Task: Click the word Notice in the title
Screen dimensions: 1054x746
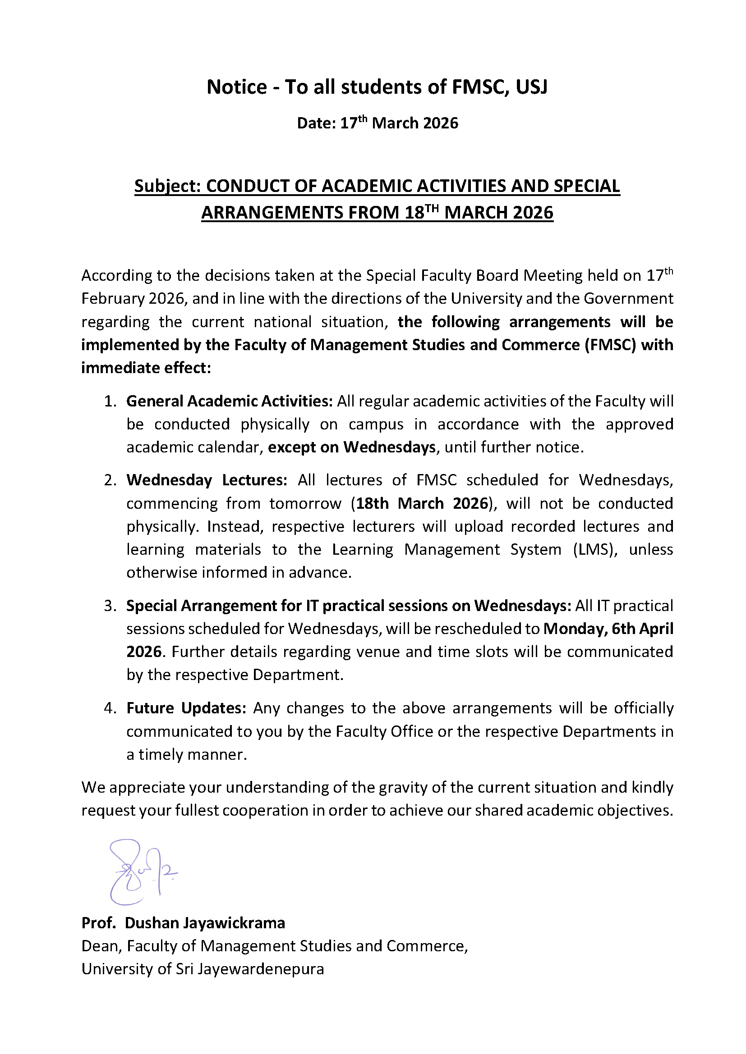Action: pos(237,87)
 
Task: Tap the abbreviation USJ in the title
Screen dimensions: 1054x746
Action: pos(531,87)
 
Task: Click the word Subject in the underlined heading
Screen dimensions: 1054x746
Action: pos(167,187)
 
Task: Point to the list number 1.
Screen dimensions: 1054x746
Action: pos(110,401)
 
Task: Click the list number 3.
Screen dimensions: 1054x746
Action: pos(110,606)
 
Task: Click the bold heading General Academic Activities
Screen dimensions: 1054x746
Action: pos(229,401)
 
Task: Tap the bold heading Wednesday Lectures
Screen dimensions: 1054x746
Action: pos(207,480)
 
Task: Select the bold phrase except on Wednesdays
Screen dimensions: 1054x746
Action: pos(352,447)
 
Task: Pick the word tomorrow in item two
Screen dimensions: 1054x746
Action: pos(305,504)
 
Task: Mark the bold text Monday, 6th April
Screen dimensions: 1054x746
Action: pos(608,629)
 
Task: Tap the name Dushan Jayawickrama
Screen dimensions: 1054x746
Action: pos(205,923)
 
